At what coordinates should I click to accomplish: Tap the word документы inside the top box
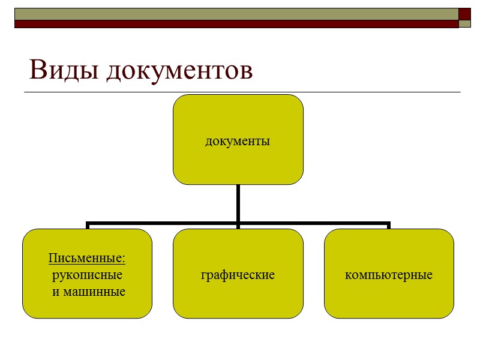pos(238,142)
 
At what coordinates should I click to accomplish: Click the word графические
pos(238,275)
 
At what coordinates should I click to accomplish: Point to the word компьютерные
pos(389,275)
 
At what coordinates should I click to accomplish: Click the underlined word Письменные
pos(87,259)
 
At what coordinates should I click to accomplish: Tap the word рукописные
pos(88,275)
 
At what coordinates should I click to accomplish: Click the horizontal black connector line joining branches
pos(162,224)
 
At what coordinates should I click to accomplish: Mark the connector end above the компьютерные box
pos(389,226)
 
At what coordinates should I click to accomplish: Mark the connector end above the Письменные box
pos(88,226)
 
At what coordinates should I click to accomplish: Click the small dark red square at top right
pos(464,14)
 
